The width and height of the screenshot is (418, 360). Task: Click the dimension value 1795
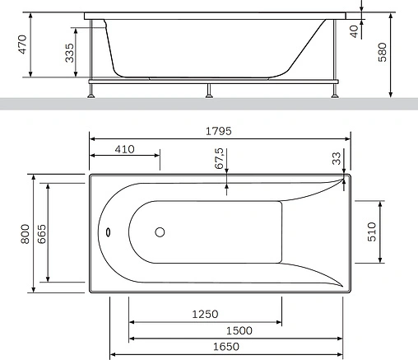click(219, 130)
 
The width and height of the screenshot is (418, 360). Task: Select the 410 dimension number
click(124, 149)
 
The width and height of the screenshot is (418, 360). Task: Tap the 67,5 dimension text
click(220, 159)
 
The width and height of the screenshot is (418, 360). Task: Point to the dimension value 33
click(336, 157)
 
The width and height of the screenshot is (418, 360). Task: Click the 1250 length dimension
click(205, 314)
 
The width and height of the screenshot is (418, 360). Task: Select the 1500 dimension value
click(239, 330)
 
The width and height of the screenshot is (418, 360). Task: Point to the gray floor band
click(209, 105)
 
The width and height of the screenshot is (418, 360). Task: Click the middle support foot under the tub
click(208, 91)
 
